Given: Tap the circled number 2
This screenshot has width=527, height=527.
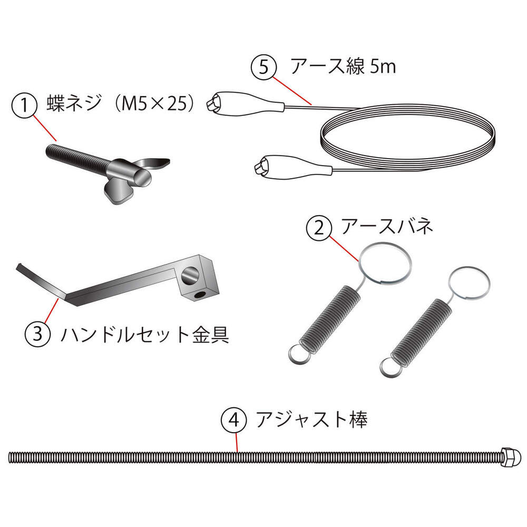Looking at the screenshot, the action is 318,229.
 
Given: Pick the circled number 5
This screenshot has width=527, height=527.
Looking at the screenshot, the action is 264,67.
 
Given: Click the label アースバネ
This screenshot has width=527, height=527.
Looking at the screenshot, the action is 387,226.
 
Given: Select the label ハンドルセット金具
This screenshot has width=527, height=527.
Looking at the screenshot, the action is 145,334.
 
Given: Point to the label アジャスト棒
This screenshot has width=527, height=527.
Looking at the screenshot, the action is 311,419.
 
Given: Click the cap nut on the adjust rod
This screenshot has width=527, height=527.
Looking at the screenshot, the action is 512,457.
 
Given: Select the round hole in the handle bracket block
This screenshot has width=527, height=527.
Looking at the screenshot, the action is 190,275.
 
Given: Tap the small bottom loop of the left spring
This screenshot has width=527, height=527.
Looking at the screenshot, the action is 298,355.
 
